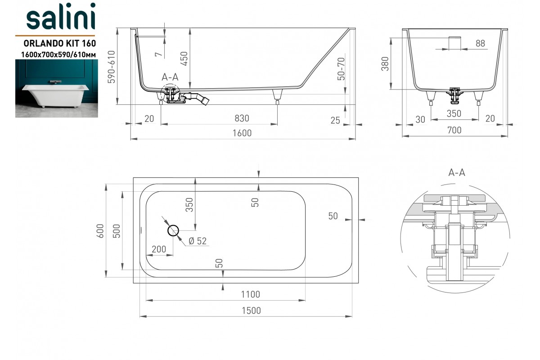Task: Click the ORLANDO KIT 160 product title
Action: [x=59, y=43]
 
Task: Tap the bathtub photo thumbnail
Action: [x=57, y=89]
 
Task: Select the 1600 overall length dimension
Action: [x=242, y=133]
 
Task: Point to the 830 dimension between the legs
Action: [x=242, y=118]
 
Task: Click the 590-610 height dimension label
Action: [x=112, y=67]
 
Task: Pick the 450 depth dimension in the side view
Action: [x=184, y=58]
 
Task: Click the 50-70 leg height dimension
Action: [x=341, y=69]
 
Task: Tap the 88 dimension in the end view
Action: [x=480, y=43]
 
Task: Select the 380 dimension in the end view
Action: [x=385, y=64]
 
